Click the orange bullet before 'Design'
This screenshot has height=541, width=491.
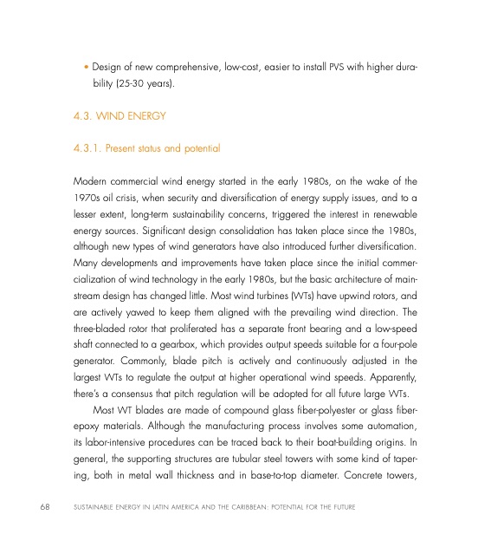click(86, 67)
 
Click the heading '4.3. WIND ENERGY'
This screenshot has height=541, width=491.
click(114, 114)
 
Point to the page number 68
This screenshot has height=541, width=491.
click(32, 505)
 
